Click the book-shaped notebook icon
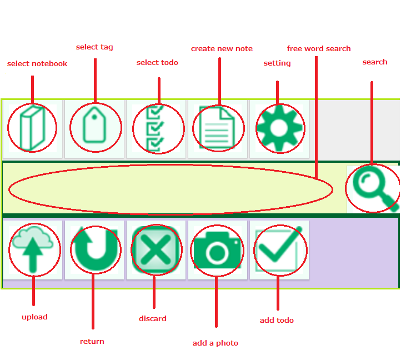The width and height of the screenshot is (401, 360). tap(32, 128)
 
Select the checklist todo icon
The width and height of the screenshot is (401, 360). tap(156, 128)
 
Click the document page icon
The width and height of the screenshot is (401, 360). tap(218, 128)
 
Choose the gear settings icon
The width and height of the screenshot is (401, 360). tap(279, 128)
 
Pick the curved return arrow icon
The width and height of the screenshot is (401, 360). tap(94, 249)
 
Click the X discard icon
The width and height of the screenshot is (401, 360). tap(156, 249)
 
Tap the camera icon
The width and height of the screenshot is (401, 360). tap(218, 251)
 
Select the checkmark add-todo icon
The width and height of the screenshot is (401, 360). tap(279, 249)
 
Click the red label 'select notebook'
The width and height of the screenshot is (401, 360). tap(37, 64)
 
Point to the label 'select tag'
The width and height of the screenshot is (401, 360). tap(94, 47)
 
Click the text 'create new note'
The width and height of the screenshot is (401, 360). tap(222, 49)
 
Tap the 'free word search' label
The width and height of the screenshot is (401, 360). tap(319, 49)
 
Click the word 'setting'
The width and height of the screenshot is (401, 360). tap(277, 63)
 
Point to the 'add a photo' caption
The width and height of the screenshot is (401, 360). tap(215, 343)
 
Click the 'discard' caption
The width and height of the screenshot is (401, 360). tap(153, 319)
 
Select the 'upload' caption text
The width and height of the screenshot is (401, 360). tap(34, 317)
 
